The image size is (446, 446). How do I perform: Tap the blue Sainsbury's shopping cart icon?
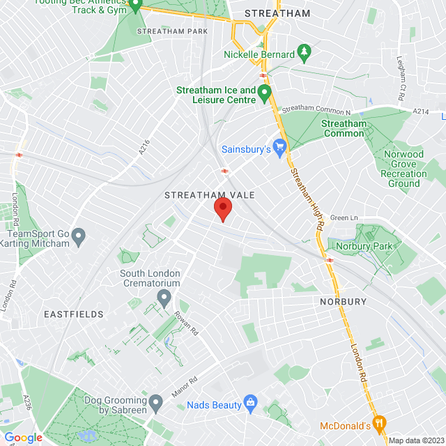[x=280, y=147]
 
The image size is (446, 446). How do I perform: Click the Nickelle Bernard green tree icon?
[x=303, y=52]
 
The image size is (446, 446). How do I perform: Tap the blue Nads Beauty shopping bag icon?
[x=251, y=403]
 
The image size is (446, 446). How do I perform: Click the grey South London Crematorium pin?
[x=164, y=299]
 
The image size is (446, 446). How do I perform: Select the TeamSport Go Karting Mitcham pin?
[x=79, y=237]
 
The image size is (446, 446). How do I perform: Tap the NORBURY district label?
[x=343, y=302]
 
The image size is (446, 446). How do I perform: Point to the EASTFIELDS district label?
[x=73, y=314]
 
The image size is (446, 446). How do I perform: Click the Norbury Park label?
[x=360, y=245]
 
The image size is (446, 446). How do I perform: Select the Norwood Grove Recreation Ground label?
[x=403, y=169]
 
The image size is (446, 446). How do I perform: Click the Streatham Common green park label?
[x=344, y=128]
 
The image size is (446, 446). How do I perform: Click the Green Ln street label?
[x=343, y=218]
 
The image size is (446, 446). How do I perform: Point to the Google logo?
[x=23, y=437]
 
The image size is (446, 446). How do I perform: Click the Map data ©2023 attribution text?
[x=415, y=440]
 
